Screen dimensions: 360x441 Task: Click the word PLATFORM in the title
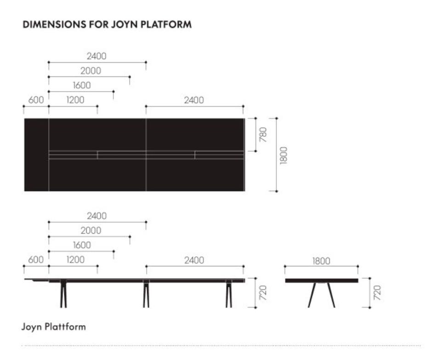pyautogui.click(x=169, y=24)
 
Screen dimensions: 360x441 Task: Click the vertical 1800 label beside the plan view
pyautogui.click(x=283, y=155)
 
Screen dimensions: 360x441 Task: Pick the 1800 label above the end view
pyautogui.click(x=321, y=261)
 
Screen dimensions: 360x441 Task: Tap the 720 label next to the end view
pyautogui.click(x=378, y=293)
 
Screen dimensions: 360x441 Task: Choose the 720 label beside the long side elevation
pyautogui.click(x=263, y=293)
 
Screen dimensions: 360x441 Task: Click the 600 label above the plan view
pyautogui.click(x=36, y=100)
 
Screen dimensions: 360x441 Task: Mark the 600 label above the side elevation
pyautogui.click(x=36, y=260)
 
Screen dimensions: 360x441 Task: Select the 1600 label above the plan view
pyautogui.click(x=82, y=86)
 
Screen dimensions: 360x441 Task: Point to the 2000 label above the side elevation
pyautogui.click(x=91, y=231)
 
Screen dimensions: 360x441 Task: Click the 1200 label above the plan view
pyautogui.click(x=75, y=100)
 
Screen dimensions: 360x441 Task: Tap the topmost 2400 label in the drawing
pyautogui.click(x=96, y=56)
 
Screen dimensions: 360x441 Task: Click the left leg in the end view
pyautogui.click(x=312, y=295)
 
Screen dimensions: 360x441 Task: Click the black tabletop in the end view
pyautogui.click(x=321, y=280)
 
